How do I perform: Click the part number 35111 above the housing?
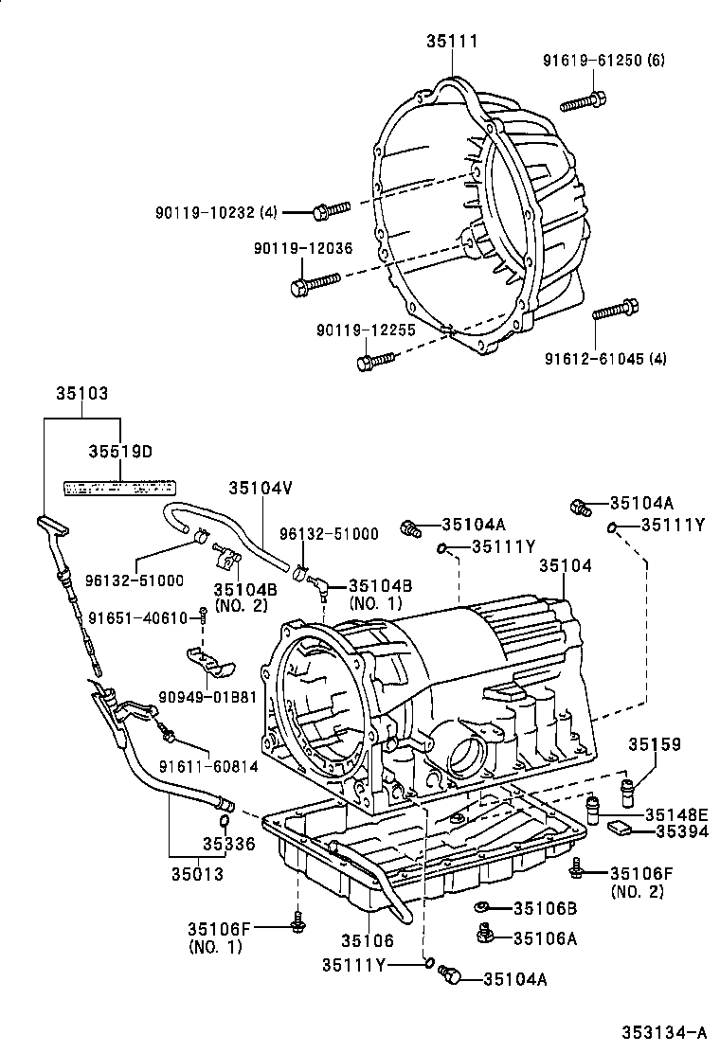coord(452,41)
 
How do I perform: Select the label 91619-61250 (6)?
coord(603,61)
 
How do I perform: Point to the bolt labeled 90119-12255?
coord(375,360)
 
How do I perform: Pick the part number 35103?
coord(81,391)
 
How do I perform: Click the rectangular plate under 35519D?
coord(119,487)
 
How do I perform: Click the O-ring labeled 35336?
coord(225,820)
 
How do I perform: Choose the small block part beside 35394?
coord(621,830)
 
